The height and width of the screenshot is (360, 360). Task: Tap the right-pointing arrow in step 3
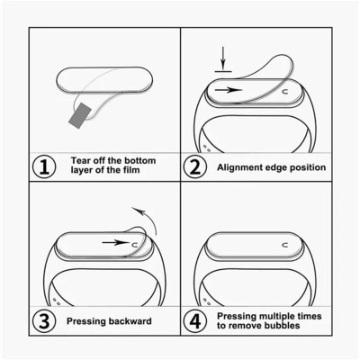pos(113,242)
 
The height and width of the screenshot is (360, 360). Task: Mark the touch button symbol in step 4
pos(284,243)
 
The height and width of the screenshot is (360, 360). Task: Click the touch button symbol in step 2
pos(285,91)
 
